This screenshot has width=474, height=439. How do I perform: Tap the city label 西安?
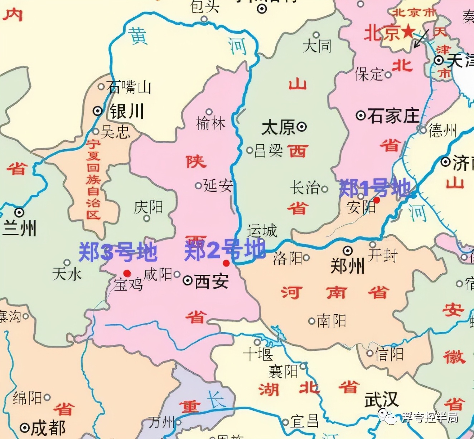(212, 281)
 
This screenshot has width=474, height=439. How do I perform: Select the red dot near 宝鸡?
(127, 273)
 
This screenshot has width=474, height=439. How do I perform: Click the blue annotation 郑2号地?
(224, 250)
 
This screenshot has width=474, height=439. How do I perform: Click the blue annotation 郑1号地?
(374, 188)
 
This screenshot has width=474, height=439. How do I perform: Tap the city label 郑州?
(347, 266)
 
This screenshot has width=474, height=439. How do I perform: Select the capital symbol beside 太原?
(302, 126)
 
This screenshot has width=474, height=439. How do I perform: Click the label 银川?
(127, 111)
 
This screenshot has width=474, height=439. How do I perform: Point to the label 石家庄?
(393, 116)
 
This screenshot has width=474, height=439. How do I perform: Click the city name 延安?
(218, 185)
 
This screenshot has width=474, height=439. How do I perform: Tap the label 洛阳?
(287, 258)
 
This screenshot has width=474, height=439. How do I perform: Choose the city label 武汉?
(381, 399)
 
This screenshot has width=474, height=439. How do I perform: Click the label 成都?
(48, 428)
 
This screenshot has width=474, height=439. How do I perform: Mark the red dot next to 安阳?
(377, 200)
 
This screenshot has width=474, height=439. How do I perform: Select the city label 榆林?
(211, 123)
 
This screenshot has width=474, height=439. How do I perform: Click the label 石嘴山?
(129, 87)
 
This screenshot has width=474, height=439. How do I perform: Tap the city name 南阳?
(332, 321)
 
